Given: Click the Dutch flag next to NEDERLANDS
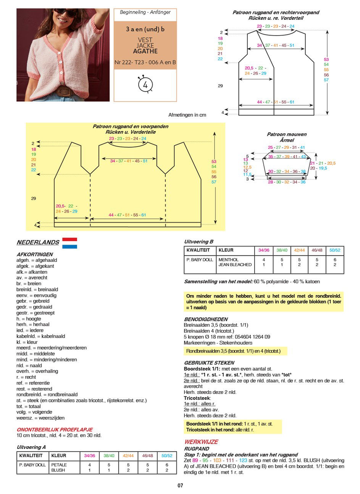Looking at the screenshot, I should click(69, 243).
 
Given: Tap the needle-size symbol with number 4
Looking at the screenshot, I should click(145, 84).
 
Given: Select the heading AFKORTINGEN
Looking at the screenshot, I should click(35, 254).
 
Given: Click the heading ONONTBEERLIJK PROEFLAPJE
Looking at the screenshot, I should click(55, 429).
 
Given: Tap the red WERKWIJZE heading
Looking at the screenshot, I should click(201, 442).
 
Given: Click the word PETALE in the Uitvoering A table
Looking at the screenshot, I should click(59, 465).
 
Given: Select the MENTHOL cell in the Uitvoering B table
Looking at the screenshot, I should click(228, 260).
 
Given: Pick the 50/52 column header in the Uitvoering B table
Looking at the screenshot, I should click(334, 250).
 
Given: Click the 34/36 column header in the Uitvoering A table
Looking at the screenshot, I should click(89, 456).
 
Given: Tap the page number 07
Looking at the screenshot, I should click(180, 486).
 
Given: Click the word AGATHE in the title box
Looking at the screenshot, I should click(145, 51).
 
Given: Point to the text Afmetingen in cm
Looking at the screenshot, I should click(187, 115).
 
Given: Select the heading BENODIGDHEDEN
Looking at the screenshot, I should click(206, 319).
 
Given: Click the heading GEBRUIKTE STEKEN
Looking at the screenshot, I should click(209, 363).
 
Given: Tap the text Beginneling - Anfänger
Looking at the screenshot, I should click(145, 12).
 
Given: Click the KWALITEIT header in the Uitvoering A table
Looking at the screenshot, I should click(32, 456).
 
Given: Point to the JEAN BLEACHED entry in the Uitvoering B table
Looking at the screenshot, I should click(235, 265).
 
